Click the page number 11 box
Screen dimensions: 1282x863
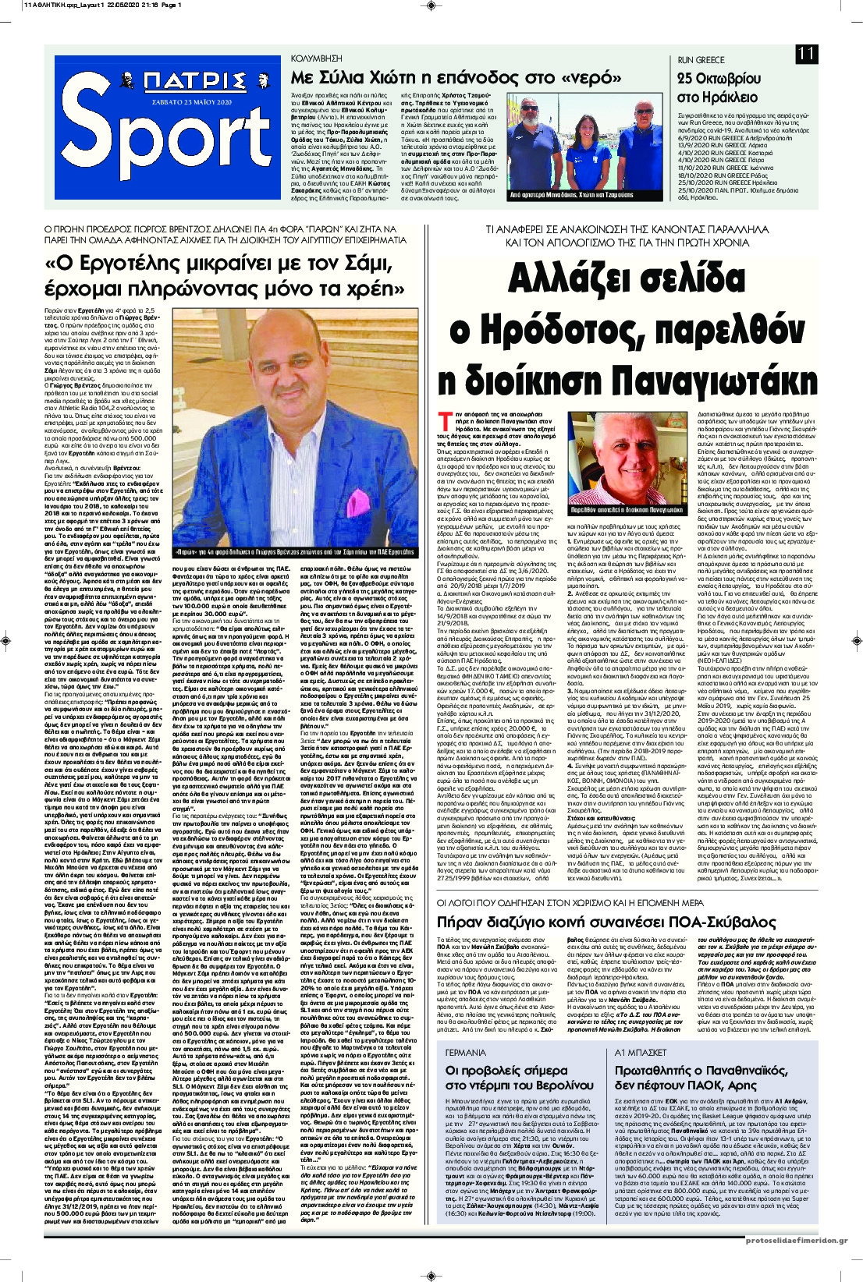tap(808, 54)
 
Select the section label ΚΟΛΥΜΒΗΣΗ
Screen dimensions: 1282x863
tap(316, 58)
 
